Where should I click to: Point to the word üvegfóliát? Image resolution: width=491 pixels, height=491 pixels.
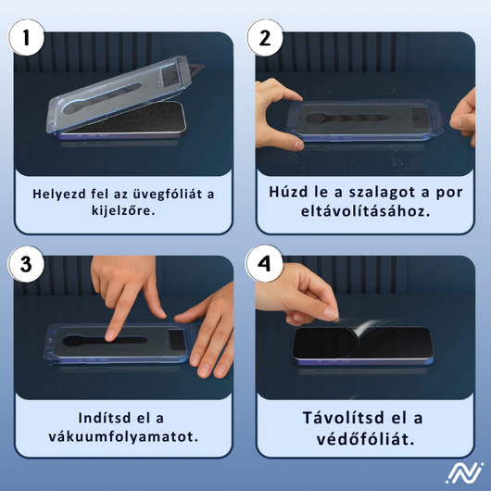[x=167, y=194]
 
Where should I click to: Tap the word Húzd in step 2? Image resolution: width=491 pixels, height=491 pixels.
[x=289, y=192]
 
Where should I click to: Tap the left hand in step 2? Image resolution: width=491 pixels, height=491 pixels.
[x=275, y=105]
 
